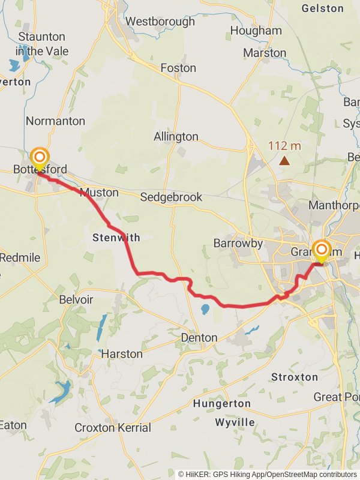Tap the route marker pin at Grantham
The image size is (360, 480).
coord(322,250)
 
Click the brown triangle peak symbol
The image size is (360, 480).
coord(284,160)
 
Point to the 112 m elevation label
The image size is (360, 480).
coord(284,145)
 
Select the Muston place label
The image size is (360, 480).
coord(99,193)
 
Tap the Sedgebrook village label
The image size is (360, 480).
coord(171,197)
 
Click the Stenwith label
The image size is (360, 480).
coord(116,238)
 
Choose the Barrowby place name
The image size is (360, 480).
coord(238,243)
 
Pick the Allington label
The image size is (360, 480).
coord(176,137)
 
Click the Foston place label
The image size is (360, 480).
coord(178,68)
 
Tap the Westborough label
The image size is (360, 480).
coord(160,22)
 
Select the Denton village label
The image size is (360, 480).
coord(199,338)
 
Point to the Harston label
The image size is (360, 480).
coord(122,354)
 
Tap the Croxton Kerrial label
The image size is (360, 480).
coord(113,428)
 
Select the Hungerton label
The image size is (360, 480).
coord(222,404)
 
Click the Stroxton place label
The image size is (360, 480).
coord(294,377)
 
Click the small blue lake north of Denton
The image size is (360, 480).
coord(205,310)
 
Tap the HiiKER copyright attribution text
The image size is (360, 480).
coord(267,474)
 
